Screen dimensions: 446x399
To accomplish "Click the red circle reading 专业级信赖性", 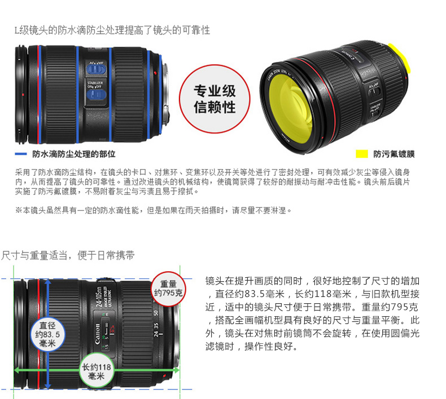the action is coord(215,99).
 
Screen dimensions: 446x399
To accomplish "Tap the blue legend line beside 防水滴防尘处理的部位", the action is coord(21,154).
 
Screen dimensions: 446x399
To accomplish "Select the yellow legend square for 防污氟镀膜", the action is coord(362,154).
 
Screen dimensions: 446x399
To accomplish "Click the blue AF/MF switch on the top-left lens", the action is coord(96,69).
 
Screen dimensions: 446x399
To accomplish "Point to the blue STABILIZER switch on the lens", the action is coord(97,95).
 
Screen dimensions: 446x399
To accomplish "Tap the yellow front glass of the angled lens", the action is coord(290,107).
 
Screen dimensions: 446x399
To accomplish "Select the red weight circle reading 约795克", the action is coord(168,289).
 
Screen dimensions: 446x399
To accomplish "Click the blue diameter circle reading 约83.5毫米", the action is coord(47,334).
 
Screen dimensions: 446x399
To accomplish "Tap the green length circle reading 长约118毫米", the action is coord(97,370).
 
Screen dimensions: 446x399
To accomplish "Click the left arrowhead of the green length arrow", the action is coord(17,370).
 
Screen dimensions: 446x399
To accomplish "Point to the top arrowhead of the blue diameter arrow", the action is coord(48,281).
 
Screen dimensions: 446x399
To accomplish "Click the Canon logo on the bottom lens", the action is coord(97,334).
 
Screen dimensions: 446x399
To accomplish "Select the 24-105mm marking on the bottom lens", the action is coord(99,297).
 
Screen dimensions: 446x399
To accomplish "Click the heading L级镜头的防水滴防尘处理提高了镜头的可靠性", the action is coord(112,30).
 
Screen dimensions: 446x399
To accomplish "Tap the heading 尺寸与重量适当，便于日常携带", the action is coord(68,255).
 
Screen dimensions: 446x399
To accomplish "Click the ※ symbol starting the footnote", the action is coord(19,210).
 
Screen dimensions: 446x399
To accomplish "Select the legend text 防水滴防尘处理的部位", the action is coord(73,154).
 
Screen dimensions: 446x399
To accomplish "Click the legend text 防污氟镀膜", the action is coord(394,154).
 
